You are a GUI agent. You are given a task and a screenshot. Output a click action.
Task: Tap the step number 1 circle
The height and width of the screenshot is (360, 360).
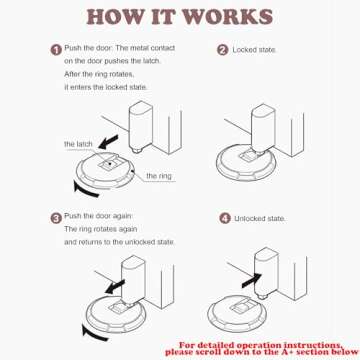click(x=56, y=49)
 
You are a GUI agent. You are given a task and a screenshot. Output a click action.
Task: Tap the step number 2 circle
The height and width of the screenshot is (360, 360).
click(x=222, y=49)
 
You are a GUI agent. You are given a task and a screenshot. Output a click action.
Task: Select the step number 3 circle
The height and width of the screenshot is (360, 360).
click(x=56, y=217)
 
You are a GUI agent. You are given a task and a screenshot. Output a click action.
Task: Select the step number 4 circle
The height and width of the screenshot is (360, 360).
click(x=224, y=217)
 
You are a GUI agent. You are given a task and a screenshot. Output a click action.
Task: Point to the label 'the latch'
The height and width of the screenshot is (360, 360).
click(x=78, y=145)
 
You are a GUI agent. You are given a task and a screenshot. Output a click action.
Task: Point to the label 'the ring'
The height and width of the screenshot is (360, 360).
click(x=158, y=176)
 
